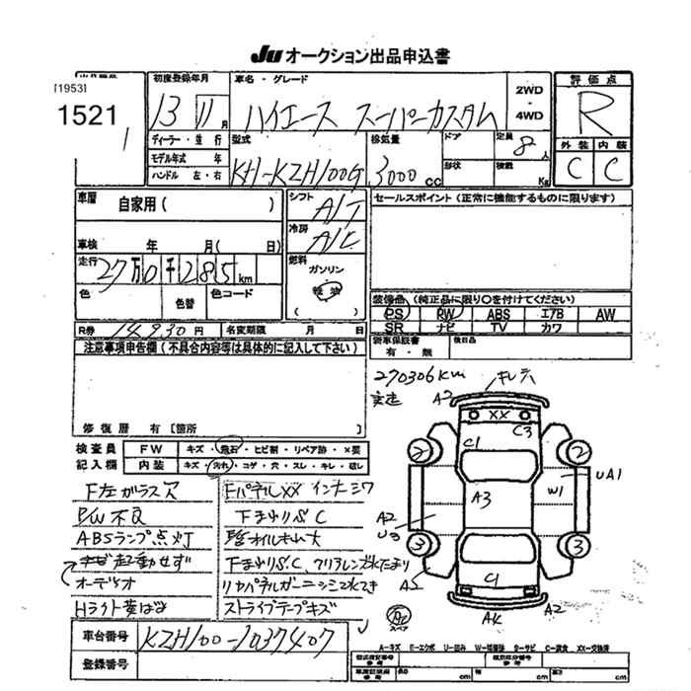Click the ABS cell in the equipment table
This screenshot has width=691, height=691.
click(498, 314)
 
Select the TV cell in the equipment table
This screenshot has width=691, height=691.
click(498, 327)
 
